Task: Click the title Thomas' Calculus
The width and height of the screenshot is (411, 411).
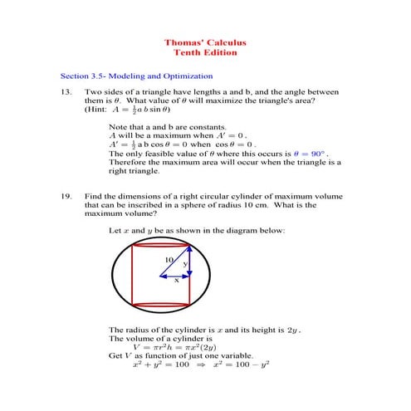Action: click(205, 42)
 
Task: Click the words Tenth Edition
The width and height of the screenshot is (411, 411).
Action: click(205, 52)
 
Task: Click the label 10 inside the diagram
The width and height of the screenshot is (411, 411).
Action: click(169, 260)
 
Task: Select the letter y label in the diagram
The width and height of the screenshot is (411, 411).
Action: click(184, 264)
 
